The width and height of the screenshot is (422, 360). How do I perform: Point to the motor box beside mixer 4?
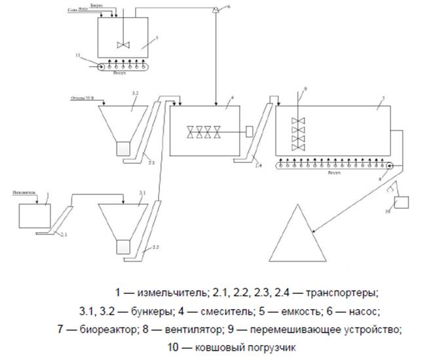pyautogui.click(x=250, y=131)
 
